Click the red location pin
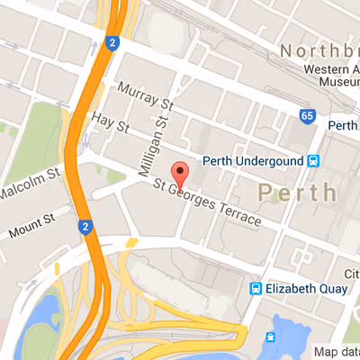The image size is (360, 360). click(x=180, y=173)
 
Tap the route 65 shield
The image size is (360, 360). click(x=307, y=116)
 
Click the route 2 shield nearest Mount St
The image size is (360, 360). click(x=83, y=226)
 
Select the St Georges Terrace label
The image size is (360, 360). click(x=206, y=202)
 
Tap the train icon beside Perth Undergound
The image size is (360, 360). click(x=313, y=162)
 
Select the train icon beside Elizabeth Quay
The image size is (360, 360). click(x=256, y=290)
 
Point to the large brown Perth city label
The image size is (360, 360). click(x=297, y=192)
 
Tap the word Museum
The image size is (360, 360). click(x=334, y=82)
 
